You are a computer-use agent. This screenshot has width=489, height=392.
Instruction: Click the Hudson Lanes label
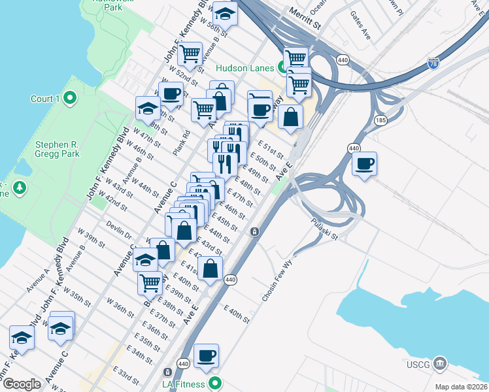pyautogui.click(x=245, y=67)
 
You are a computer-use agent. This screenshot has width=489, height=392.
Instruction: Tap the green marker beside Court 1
pyautogui.click(x=71, y=99)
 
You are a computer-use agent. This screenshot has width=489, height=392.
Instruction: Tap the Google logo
pyautogui.click(x=22, y=384)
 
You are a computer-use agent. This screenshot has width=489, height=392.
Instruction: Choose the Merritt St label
pyautogui.click(x=307, y=24)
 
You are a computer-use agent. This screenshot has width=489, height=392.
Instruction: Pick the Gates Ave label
pyautogui.click(x=360, y=26)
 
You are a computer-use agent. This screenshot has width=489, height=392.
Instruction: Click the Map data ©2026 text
pyautogui.click(x=461, y=387)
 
